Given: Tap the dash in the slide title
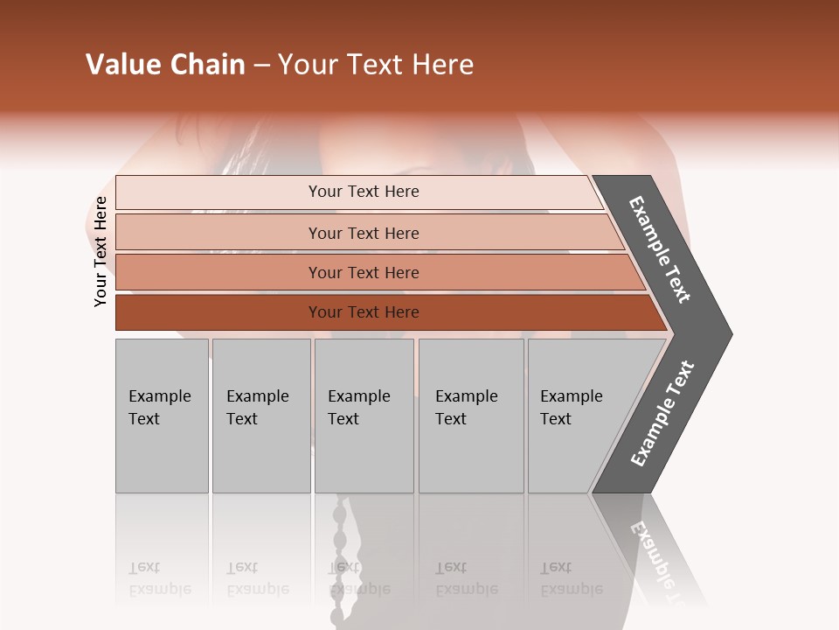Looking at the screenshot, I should (x=261, y=66).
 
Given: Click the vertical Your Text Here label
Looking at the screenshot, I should (x=101, y=251).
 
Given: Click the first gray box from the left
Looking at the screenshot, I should (x=162, y=416).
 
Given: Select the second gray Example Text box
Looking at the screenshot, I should (x=260, y=416).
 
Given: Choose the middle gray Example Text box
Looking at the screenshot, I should (x=364, y=416).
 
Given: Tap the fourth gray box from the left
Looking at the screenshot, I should (x=471, y=416).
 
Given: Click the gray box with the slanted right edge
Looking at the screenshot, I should (x=577, y=416).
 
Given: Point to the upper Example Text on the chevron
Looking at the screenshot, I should (x=660, y=249).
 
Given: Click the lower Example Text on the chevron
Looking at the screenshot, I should (x=662, y=413).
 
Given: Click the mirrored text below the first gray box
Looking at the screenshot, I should (x=159, y=578).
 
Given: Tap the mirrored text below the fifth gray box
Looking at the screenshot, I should (x=571, y=578).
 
